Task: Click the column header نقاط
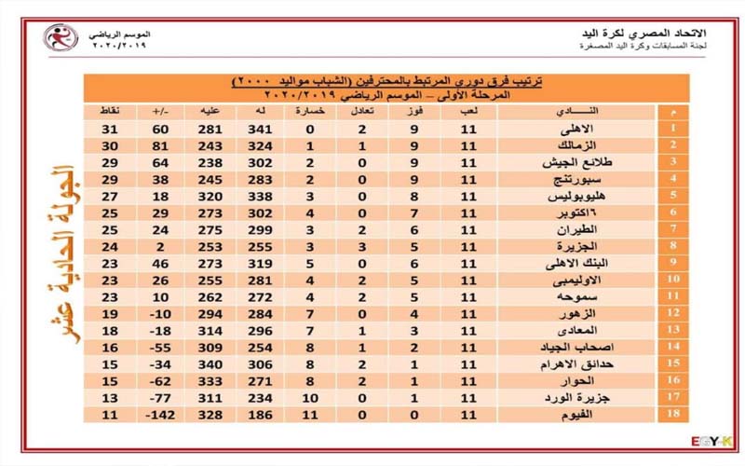[111, 112]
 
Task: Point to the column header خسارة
[309, 112]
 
